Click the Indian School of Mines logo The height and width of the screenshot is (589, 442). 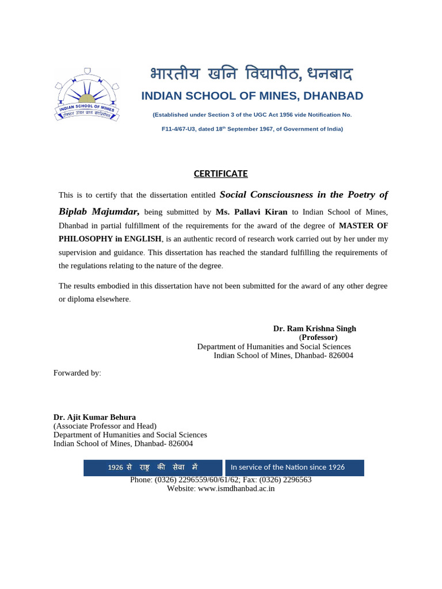point(86,95)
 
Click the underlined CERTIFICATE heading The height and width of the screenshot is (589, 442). point(220,174)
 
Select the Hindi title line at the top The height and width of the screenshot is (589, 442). point(251,74)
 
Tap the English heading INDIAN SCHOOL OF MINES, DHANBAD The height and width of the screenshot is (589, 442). point(252,96)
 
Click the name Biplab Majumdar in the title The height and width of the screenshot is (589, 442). point(99,211)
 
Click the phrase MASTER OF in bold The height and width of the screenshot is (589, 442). point(363,225)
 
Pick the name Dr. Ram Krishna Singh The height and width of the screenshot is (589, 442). point(314,328)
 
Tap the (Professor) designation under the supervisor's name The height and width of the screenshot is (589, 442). point(318,338)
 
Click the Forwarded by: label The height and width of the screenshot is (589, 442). point(77,373)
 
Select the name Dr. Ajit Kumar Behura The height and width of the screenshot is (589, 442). point(94,417)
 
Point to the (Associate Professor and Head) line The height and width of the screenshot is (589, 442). point(105,426)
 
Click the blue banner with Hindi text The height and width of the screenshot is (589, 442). point(153,468)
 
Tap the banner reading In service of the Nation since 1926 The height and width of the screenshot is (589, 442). point(294,468)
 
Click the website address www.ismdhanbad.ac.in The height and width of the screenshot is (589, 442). point(236,488)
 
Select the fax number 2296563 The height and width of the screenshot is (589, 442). point(296,480)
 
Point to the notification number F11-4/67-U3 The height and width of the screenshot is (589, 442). point(180,129)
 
